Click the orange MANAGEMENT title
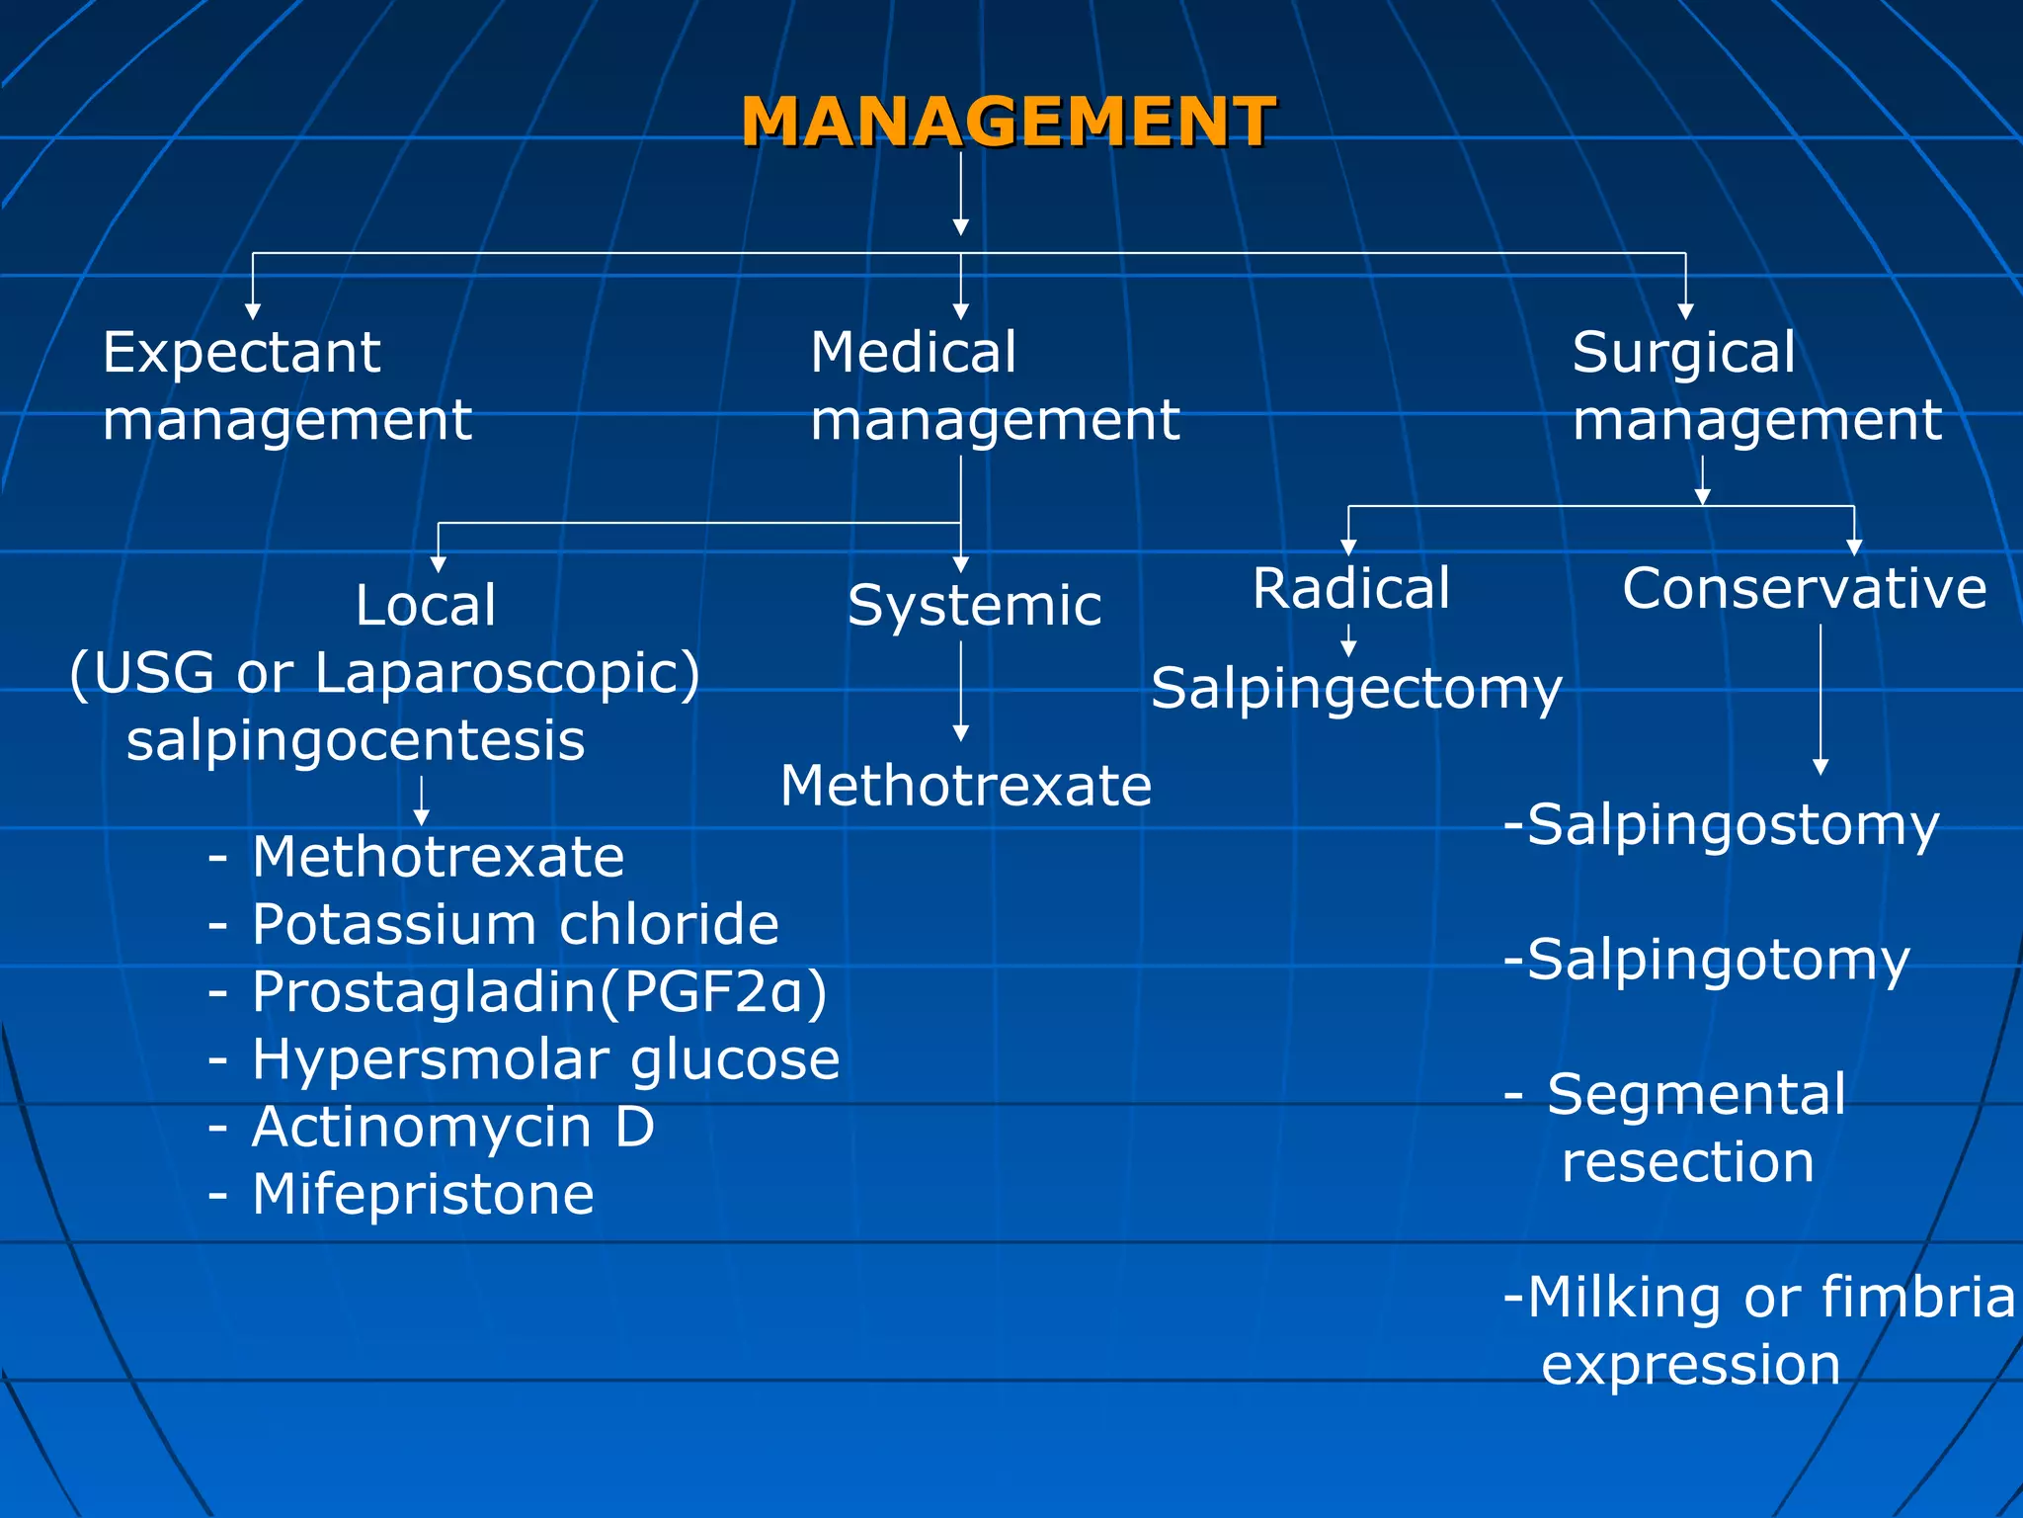tap(1008, 123)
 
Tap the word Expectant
tap(241, 353)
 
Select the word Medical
tap(913, 353)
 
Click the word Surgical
tap(1683, 353)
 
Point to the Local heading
tap(425, 605)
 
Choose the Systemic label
tap(974, 605)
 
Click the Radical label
tap(1350, 589)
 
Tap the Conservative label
tap(1804, 589)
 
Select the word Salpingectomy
tap(1356, 689)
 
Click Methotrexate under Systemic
tap(965, 787)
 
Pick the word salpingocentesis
tap(356, 741)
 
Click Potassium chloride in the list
tap(515, 925)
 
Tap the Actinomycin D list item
tap(452, 1128)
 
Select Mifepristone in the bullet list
tap(423, 1195)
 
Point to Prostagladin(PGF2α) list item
tap(538, 992)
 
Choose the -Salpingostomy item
tap(1722, 825)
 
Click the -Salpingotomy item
tap(1707, 960)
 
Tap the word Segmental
tap(1696, 1095)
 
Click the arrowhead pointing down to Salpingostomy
tap(1821, 767)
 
